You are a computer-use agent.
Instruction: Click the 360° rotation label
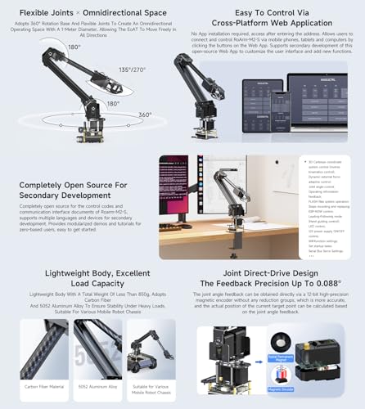point(145,115)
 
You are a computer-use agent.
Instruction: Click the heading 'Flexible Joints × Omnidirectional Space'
point(90,12)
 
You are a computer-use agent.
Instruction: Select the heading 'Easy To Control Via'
point(267,12)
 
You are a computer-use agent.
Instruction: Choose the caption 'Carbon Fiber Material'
point(44,384)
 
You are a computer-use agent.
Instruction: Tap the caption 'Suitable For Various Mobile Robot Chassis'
point(151,388)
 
